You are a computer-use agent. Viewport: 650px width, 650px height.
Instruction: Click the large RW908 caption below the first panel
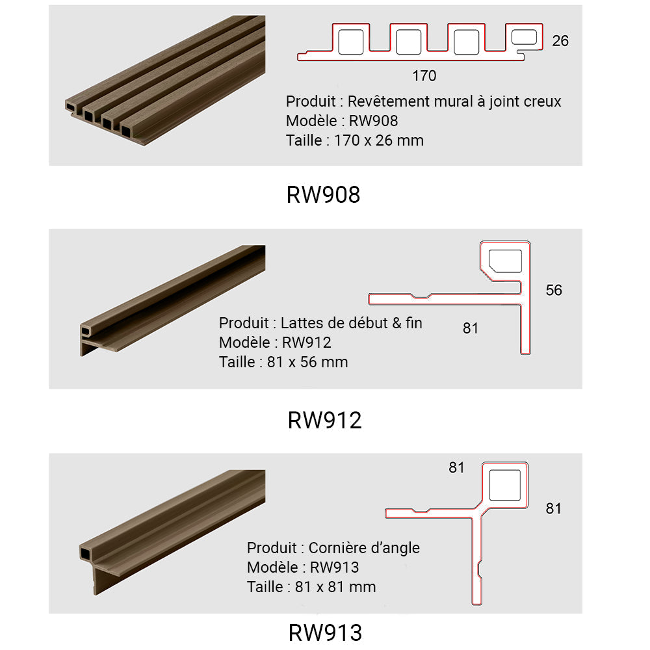pos(323,194)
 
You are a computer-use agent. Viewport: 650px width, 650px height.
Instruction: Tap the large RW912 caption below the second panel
pos(324,421)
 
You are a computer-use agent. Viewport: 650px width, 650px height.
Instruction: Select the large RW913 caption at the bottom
pos(324,632)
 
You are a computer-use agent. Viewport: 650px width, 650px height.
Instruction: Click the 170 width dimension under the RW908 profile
pos(424,76)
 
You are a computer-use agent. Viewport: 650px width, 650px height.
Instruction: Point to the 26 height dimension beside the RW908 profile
pos(560,41)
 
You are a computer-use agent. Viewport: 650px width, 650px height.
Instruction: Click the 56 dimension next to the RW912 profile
pos(553,290)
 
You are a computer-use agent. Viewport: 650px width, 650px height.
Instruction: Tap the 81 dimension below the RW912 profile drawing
pos(470,329)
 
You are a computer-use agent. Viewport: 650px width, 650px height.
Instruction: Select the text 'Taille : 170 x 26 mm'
pos(354,140)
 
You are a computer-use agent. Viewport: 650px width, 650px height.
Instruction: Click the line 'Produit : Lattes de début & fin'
pos(320,322)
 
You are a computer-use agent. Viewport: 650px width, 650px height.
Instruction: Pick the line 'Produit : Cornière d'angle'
pos(333,548)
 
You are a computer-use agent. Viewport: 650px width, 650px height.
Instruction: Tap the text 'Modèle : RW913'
pos(302,567)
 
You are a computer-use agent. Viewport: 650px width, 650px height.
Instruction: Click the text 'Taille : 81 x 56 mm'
pos(283,361)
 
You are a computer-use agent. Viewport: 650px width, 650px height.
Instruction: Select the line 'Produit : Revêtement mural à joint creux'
pos(423,101)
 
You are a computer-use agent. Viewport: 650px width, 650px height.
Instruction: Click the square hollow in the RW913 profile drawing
pos(504,485)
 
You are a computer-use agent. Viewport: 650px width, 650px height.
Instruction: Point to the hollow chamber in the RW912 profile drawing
pos(505,259)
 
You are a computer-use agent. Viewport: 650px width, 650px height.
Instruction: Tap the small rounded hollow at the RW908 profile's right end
pos(525,38)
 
